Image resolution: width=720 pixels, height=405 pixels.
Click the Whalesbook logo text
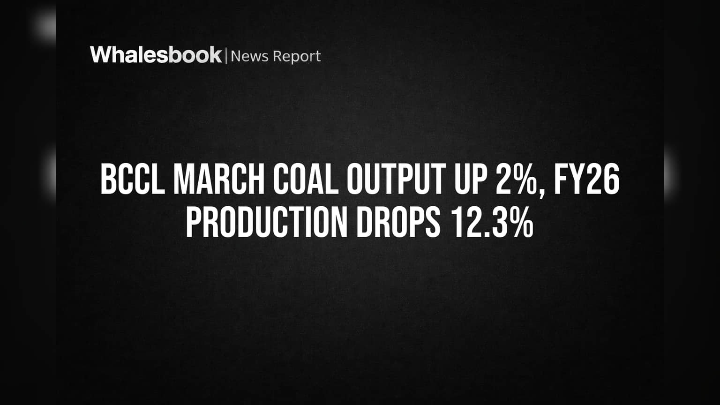(156, 55)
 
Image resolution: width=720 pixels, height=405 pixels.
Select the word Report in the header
(297, 57)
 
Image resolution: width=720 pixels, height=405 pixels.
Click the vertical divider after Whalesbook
(226, 56)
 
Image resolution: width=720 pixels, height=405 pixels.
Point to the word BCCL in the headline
(133, 179)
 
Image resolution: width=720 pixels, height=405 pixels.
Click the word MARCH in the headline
(219, 179)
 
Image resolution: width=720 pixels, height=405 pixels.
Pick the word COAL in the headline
(306, 179)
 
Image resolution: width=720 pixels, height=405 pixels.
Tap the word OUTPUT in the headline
(396, 179)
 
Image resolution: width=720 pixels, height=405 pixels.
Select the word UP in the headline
(470, 179)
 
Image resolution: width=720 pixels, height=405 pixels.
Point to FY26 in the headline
(586, 179)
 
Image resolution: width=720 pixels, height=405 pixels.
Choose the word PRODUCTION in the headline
(267, 222)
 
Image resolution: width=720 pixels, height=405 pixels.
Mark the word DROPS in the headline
(398, 222)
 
